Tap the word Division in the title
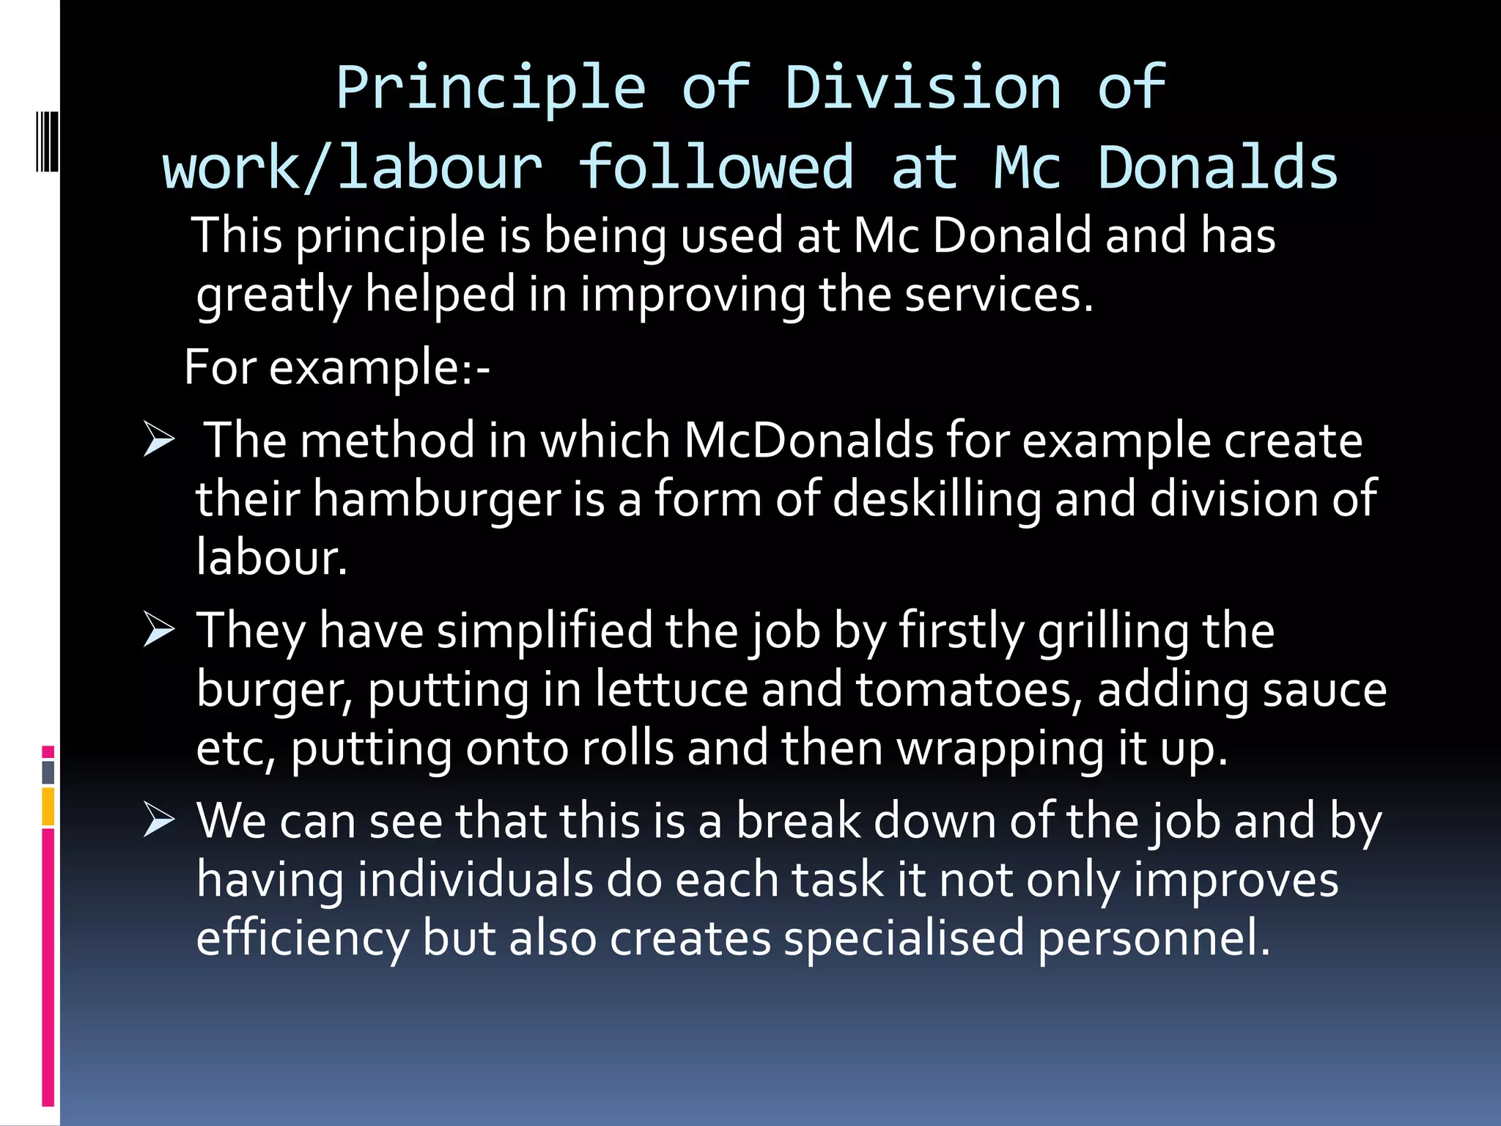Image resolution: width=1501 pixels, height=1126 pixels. click(923, 88)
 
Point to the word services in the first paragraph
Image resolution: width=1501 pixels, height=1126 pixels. click(998, 295)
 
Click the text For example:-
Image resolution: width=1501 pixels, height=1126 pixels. click(337, 367)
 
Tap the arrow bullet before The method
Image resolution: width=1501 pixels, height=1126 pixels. click(159, 440)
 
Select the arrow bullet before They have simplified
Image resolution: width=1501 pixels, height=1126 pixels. click(159, 630)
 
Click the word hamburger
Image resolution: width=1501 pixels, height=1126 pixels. click(437, 500)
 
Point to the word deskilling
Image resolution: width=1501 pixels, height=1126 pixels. click(937, 500)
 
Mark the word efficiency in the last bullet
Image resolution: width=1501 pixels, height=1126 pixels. click(303, 938)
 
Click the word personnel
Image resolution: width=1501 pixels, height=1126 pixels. click(1154, 938)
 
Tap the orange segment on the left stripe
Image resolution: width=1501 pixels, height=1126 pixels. click(48, 806)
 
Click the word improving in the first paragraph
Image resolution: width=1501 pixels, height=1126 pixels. click(692, 295)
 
